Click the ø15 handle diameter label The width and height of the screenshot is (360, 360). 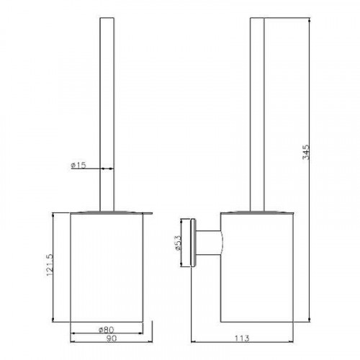click(78, 165)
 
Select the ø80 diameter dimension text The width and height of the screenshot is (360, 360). click(107, 330)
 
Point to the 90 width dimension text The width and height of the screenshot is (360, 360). click(111, 338)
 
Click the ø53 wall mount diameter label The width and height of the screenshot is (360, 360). click(179, 243)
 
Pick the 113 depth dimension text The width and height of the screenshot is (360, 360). click(241, 338)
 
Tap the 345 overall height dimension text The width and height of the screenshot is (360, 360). click(306, 152)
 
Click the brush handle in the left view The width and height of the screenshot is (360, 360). click(107, 114)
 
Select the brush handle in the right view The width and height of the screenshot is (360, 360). click(257, 114)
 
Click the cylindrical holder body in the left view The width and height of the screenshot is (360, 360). click(107, 267)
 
